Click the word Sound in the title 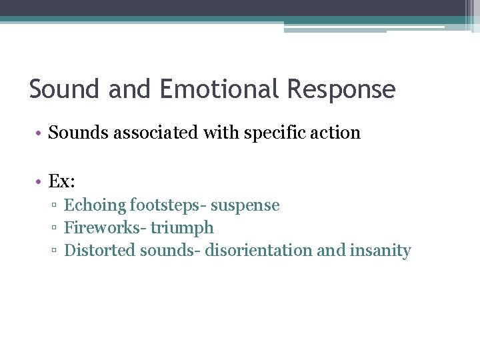pyautogui.click(x=63, y=89)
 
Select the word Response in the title pyautogui.click(x=341, y=89)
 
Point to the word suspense pyautogui.click(x=245, y=206)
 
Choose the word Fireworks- pyautogui.click(x=105, y=228)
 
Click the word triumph pyautogui.click(x=182, y=229)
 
